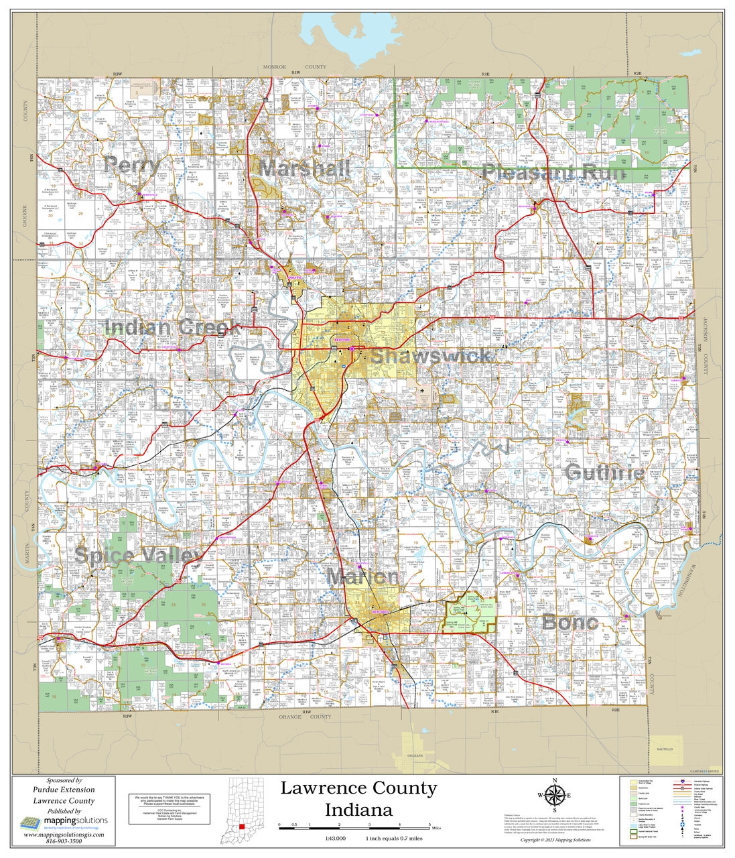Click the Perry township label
[x=132, y=165]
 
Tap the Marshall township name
[x=305, y=168]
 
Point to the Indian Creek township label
[x=172, y=328]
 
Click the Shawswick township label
[x=430, y=356]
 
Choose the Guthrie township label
[x=604, y=473]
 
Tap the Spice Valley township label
[x=137, y=555]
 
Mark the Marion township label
[x=362, y=576]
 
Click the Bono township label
[x=570, y=622]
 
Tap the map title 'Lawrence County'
[x=358, y=788]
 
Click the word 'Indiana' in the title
[x=358, y=810]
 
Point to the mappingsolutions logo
[x=63, y=822]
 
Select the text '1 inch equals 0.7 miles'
[x=393, y=839]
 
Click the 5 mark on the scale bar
[x=429, y=824]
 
